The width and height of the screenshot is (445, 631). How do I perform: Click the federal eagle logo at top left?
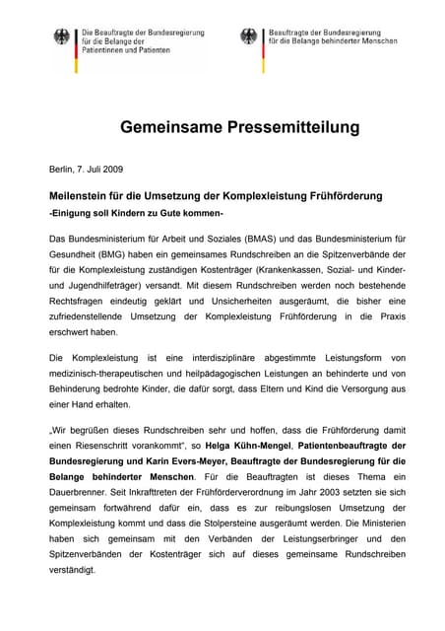coord(63,38)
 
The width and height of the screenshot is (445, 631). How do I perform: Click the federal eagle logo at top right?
coord(249,36)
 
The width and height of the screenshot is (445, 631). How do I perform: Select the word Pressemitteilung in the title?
coord(277,128)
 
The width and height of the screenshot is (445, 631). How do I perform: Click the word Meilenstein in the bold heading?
coord(85,196)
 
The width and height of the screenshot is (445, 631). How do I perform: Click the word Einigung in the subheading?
coord(77,214)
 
